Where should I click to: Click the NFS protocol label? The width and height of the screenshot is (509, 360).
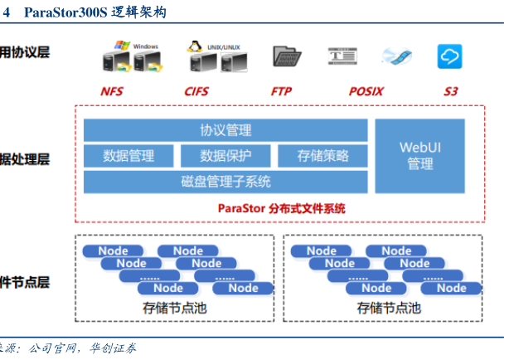(111, 91)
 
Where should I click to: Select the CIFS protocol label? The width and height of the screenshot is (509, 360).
(196, 91)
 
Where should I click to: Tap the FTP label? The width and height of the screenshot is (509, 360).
(281, 91)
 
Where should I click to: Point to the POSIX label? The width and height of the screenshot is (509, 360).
(366, 91)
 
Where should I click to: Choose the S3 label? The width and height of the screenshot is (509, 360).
(450, 91)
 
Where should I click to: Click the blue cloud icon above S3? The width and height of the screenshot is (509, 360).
(449, 56)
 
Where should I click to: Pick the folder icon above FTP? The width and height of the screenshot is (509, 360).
(285, 56)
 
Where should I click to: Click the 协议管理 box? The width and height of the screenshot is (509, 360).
(225, 130)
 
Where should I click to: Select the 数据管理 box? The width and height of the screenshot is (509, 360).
(128, 156)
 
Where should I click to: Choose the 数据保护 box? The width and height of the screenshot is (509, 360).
(225, 156)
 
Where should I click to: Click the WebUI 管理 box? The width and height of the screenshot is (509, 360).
(420, 156)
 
